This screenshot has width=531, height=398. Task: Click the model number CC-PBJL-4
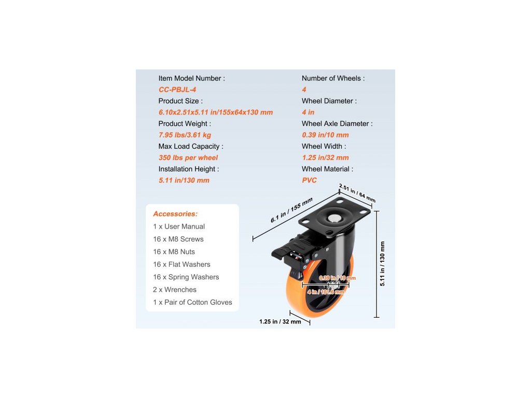tap(177, 90)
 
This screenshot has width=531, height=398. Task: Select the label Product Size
tap(180, 101)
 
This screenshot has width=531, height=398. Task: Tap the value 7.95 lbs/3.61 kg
tap(185, 135)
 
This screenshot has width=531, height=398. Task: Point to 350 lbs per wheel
tap(188, 158)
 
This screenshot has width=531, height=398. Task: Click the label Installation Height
tap(188, 169)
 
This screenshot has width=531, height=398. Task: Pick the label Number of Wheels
tap(333, 78)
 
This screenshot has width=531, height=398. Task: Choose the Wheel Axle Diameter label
tap(337, 124)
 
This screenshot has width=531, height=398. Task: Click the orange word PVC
tap(309, 180)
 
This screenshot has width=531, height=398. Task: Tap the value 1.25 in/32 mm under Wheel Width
tap(325, 158)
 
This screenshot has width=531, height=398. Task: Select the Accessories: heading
tap(175, 214)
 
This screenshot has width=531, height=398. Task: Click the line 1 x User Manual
tap(179, 226)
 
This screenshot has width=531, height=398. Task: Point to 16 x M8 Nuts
tap(174, 252)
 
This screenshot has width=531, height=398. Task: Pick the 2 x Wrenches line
tap(175, 290)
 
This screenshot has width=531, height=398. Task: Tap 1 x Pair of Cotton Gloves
tap(192, 302)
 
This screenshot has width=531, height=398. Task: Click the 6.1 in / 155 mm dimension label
tap(291, 211)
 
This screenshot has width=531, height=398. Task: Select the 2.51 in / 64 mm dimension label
tap(357, 193)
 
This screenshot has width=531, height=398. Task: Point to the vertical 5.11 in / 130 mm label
tap(382, 264)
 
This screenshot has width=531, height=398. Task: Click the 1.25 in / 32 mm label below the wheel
tap(280, 322)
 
